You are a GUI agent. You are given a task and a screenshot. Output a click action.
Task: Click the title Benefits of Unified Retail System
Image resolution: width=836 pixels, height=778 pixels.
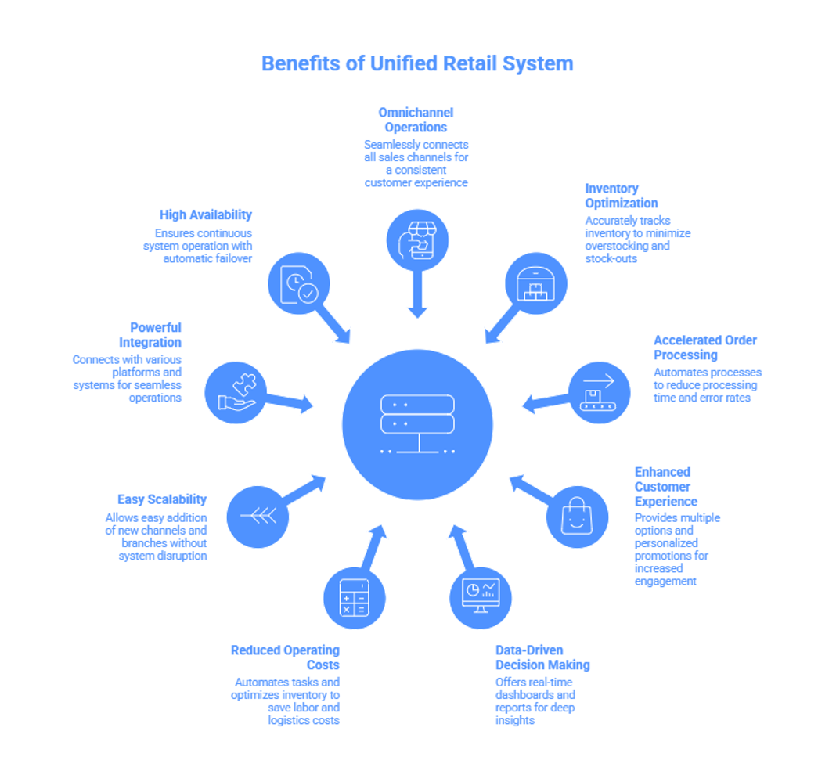coord(417,63)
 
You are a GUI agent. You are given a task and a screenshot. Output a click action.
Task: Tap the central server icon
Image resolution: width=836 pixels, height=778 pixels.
coord(417,425)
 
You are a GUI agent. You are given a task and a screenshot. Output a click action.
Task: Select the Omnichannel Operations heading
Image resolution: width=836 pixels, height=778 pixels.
coord(416,119)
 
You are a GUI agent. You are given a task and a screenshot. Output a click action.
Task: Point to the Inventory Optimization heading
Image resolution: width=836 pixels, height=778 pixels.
coord(621,196)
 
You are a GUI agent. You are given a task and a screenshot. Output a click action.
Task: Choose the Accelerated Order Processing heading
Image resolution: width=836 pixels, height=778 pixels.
coord(704,348)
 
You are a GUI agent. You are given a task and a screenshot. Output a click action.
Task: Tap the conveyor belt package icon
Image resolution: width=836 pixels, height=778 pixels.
coord(599,392)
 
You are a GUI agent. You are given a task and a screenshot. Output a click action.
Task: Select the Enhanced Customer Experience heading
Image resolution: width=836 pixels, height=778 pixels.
coord(665,486)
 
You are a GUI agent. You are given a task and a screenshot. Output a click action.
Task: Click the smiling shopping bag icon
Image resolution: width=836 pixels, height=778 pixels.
coord(577,516)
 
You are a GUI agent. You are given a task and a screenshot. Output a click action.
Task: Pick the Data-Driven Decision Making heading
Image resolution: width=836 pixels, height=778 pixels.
coord(542,657)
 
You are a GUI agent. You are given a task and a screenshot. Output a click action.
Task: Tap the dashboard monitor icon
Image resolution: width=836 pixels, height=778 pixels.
coord(481,597)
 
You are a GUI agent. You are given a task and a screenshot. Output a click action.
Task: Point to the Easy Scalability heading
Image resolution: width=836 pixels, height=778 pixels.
coord(162,499)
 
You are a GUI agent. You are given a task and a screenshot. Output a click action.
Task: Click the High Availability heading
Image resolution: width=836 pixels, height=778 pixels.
coord(206,214)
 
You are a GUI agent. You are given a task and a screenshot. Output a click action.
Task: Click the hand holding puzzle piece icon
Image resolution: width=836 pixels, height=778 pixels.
coord(236,392)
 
